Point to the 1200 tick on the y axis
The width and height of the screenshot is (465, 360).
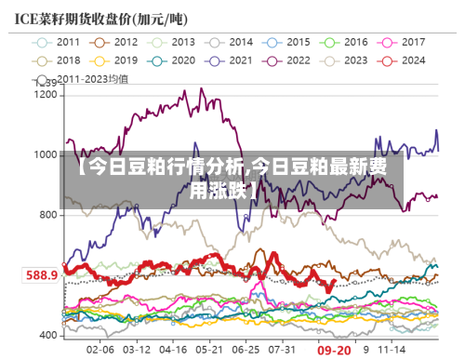click(46, 95)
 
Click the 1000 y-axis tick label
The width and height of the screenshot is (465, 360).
click(46, 154)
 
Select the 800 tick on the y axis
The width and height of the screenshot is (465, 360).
click(48, 215)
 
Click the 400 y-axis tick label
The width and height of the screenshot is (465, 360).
click(48, 334)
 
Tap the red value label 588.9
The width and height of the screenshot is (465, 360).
click(41, 275)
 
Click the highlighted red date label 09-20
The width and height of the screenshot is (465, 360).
click(334, 351)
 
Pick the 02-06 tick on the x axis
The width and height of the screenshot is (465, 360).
click(100, 351)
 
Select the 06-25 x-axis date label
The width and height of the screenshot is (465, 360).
click(246, 351)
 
